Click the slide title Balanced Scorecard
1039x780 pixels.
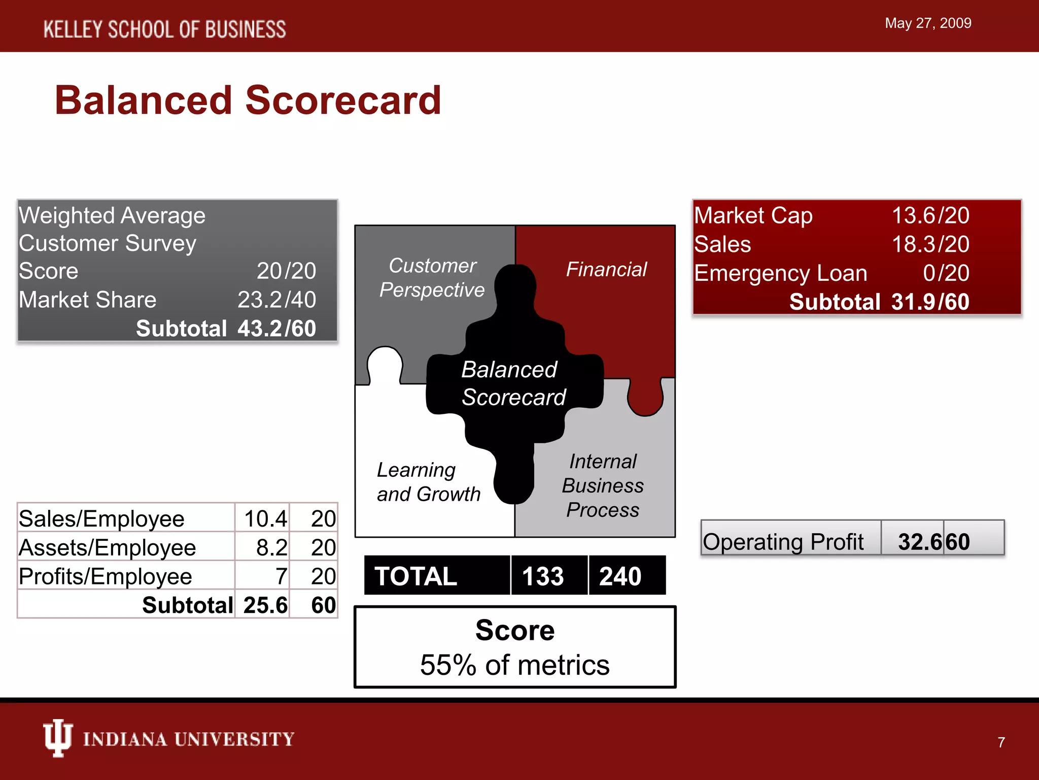pyautogui.click(x=248, y=101)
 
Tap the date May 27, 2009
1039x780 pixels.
pyautogui.click(x=927, y=23)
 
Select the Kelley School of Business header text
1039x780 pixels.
pyautogui.click(x=164, y=29)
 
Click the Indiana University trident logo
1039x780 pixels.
pyautogui.click(x=57, y=738)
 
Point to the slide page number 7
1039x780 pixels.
pyautogui.click(x=1001, y=742)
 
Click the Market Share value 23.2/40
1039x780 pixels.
pyautogui.click(x=276, y=300)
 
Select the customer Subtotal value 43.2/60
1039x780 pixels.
pyautogui.click(x=276, y=329)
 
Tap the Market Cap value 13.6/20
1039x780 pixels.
pyautogui.click(x=930, y=216)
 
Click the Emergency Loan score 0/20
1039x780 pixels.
pyautogui.click(x=946, y=273)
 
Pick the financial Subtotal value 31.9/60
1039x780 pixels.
pyautogui.click(x=930, y=302)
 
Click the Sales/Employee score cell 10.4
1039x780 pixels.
pyautogui.click(x=265, y=518)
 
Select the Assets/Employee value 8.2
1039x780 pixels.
pyautogui.click(x=271, y=547)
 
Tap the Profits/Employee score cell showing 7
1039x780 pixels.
pyautogui.click(x=281, y=576)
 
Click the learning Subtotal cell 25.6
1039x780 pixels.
pyautogui.click(x=265, y=605)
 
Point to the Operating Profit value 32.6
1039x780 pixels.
pyautogui.click(x=920, y=542)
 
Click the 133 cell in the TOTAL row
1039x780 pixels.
pyautogui.click(x=543, y=576)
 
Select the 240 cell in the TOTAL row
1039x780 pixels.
pyautogui.click(x=620, y=576)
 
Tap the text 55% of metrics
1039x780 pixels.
pyautogui.click(x=514, y=665)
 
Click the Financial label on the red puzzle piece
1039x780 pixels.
pyautogui.click(x=606, y=269)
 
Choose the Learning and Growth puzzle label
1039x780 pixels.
pyautogui.click(x=428, y=482)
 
